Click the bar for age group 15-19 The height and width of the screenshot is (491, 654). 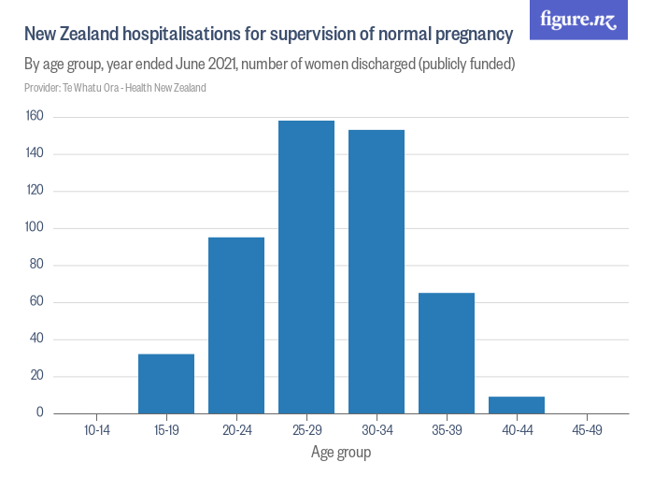(166, 383)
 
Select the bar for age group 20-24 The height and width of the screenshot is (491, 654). (236, 325)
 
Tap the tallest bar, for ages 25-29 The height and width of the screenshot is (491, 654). (306, 267)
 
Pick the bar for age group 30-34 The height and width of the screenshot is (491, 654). (377, 271)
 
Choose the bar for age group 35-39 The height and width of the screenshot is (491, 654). (447, 354)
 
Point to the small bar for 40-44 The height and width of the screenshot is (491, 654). (517, 405)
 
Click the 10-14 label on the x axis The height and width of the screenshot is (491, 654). (96, 431)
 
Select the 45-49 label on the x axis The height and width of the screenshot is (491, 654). (587, 431)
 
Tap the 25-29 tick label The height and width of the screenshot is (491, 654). (306, 431)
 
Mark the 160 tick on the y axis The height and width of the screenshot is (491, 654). (36, 117)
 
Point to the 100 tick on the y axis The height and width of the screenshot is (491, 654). (36, 228)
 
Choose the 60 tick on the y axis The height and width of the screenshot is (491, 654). (37, 302)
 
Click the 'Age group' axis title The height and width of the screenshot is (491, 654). (341, 453)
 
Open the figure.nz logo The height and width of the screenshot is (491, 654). (578, 21)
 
